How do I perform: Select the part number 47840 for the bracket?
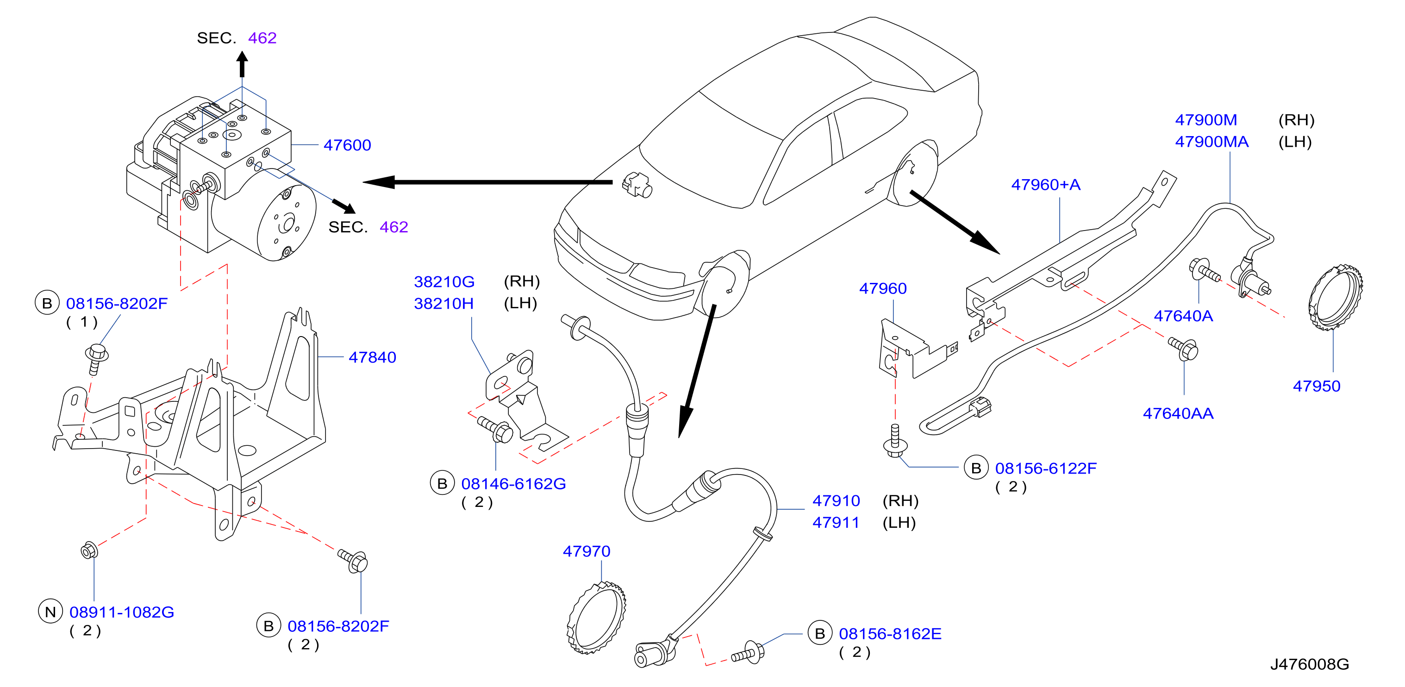coord(372,357)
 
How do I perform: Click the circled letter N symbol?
coord(50,612)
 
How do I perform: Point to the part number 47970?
coord(587,551)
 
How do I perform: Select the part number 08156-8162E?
coord(890,634)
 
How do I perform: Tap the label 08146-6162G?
coord(513,484)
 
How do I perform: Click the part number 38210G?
coord(444,281)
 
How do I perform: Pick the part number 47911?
coord(836,522)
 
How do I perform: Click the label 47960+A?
coord(1046,184)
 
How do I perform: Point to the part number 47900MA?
coord(1211,142)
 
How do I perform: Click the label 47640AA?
coord(1178,413)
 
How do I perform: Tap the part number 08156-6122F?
coord(1046,468)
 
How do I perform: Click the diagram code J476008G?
coord(1310,664)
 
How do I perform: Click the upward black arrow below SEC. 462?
coord(242,64)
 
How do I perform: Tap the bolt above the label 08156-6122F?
coord(894,442)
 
